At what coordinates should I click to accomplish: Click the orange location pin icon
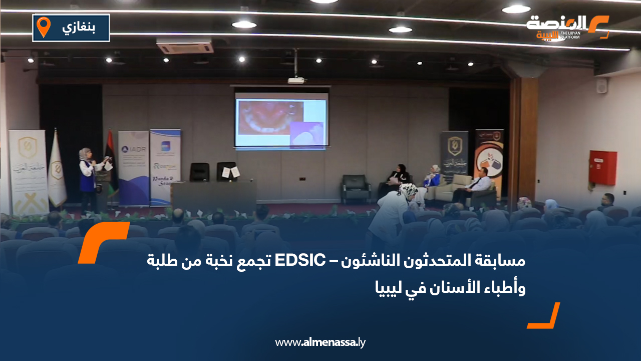[44, 27]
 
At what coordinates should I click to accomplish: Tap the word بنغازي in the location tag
[79, 27]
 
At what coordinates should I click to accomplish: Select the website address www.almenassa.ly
[320, 342]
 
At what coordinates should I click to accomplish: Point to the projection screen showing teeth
[281, 120]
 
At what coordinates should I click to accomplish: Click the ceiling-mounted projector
[296, 80]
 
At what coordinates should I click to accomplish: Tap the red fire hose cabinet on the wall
[602, 167]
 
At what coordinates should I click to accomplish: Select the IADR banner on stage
[133, 168]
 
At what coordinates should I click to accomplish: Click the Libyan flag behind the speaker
[111, 160]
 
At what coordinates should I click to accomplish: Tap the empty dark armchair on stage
[356, 188]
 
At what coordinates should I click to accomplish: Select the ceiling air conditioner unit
[185, 47]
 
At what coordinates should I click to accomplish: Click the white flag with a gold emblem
[57, 170]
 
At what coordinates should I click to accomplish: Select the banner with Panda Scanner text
[165, 168]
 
